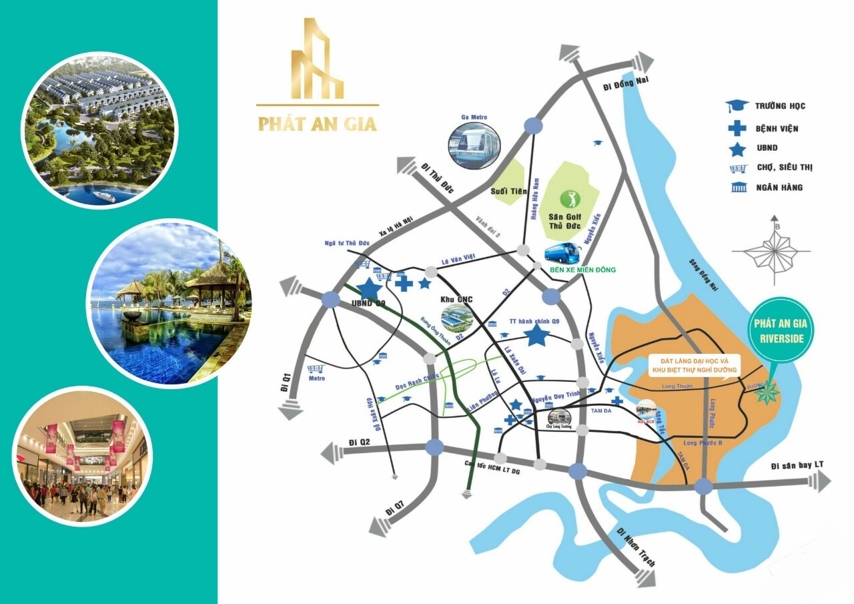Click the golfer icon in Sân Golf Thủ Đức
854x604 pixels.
(x=570, y=198)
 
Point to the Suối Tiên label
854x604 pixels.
(x=508, y=192)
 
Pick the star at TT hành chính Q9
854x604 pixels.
(x=536, y=335)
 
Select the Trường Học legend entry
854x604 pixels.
(x=767, y=105)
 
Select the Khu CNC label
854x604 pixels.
(x=457, y=299)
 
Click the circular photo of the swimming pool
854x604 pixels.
(x=168, y=304)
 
